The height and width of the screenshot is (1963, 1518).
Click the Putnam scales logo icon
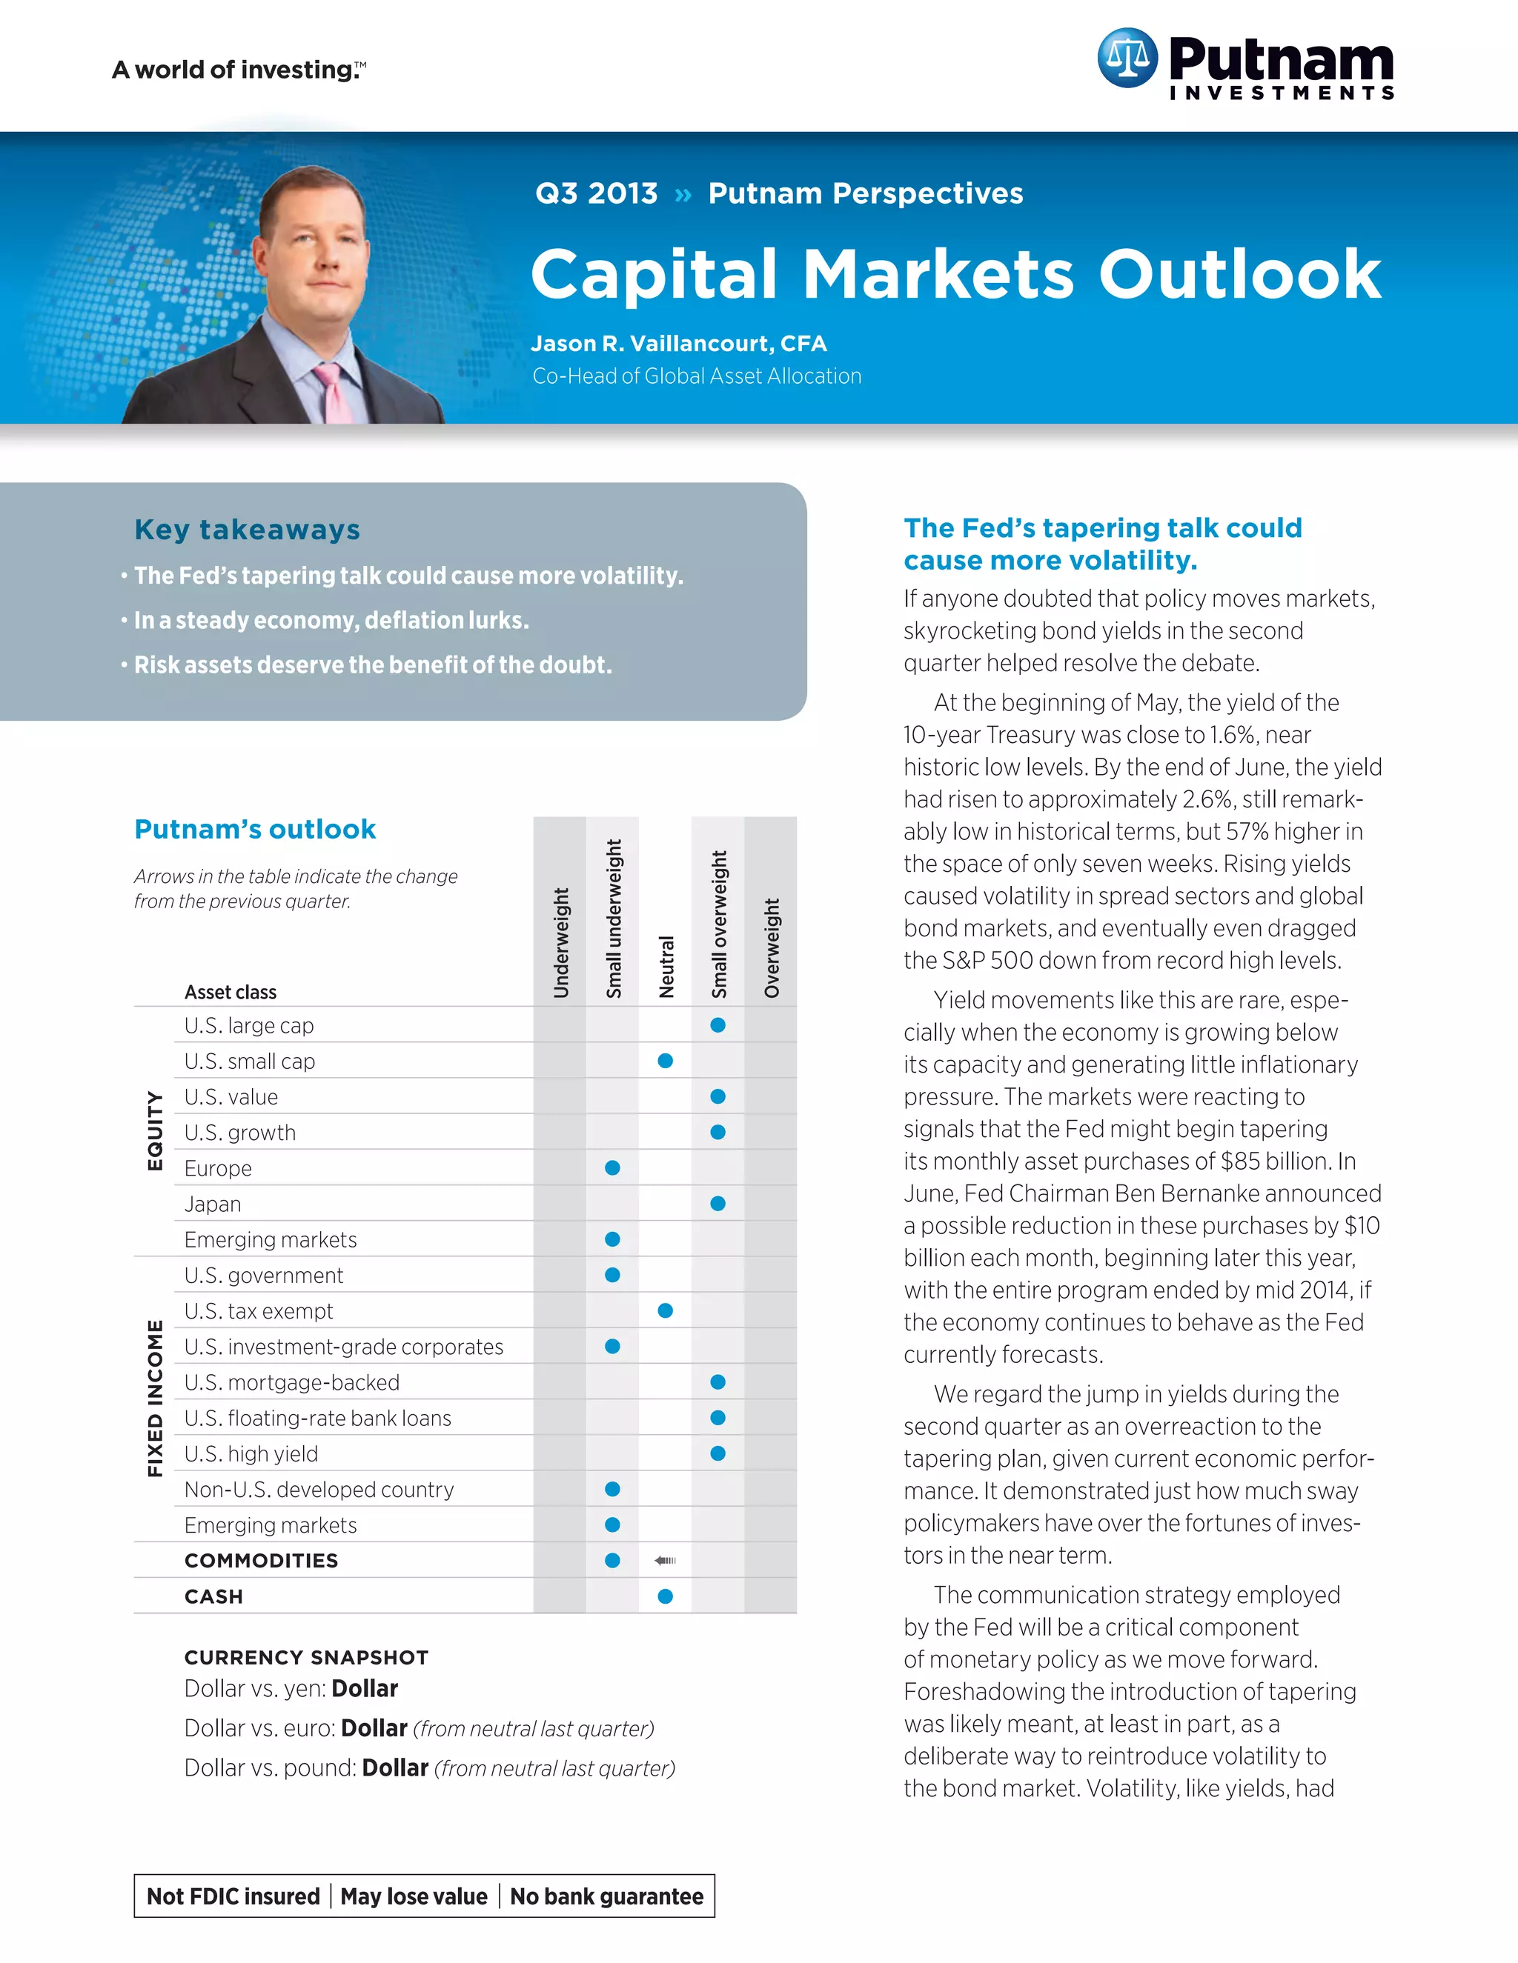(x=1127, y=58)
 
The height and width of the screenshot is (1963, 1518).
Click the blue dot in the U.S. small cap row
(x=666, y=1061)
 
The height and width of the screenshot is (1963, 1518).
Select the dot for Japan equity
(x=717, y=1204)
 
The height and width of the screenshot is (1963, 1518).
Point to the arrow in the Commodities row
(x=666, y=1560)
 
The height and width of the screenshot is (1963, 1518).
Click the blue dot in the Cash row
(x=666, y=1596)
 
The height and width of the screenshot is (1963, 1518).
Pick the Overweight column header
(x=772, y=947)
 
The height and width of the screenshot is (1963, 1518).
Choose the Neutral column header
(x=666, y=966)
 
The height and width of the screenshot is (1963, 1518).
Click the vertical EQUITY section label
(x=155, y=1130)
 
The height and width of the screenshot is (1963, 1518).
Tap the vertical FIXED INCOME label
(x=155, y=1399)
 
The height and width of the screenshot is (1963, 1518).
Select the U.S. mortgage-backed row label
(x=291, y=1382)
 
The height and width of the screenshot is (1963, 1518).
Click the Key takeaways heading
(x=248, y=530)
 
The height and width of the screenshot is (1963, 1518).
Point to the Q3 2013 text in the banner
(x=596, y=193)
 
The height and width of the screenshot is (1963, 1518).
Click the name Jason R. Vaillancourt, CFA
(x=679, y=344)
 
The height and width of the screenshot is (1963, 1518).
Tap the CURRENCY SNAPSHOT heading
(x=306, y=1656)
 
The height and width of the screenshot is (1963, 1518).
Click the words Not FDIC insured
(x=233, y=1896)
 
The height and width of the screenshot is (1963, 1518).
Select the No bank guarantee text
(x=606, y=1896)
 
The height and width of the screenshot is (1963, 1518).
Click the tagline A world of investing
(x=239, y=70)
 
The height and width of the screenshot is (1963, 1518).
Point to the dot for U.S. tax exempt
(x=666, y=1310)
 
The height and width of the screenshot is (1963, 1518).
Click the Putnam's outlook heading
(x=254, y=829)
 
